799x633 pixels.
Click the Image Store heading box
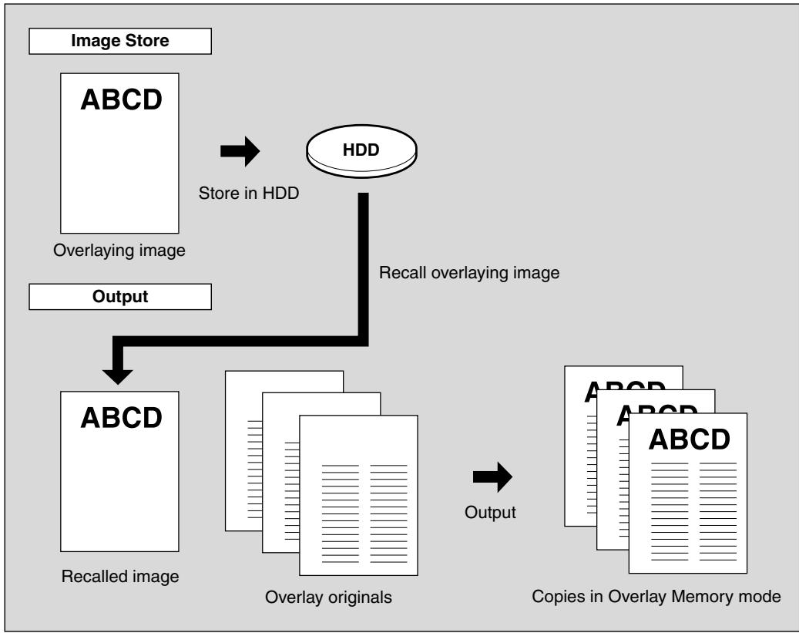pyautogui.click(x=120, y=41)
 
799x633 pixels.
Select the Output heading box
pyautogui.click(x=120, y=296)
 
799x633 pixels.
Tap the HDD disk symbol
pyautogui.click(x=361, y=151)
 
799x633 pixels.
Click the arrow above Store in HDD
pyautogui.click(x=240, y=151)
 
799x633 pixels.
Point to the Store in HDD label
pyautogui.click(x=249, y=193)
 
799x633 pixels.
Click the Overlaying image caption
pyautogui.click(x=119, y=251)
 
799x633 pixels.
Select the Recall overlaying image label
pyautogui.click(x=468, y=272)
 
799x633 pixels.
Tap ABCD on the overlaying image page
pyautogui.click(x=121, y=99)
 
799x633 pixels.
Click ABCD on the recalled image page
pyautogui.click(x=121, y=418)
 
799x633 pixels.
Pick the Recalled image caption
pyautogui.click(x=120, y=577)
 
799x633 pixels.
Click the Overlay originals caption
pyautogui.click(x=328, y=598)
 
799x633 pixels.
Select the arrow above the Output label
pyautogui.click(x=492, y=477)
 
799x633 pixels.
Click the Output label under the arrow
pyautogui.click(x=490, y=512)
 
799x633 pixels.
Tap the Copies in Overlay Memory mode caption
pyautogui.click(x=656, y=596)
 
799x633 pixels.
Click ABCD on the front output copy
pyautogui.click(x=689, y=439)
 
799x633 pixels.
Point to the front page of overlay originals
pyautogui.click(x=358, y=495)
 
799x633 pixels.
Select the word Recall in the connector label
pyautogui.click(x=402, y=272)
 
